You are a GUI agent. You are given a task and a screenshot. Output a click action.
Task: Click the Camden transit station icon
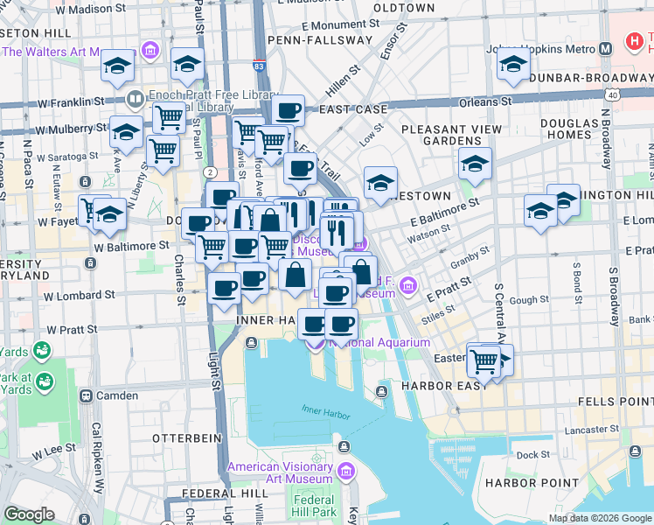tap(86, 395)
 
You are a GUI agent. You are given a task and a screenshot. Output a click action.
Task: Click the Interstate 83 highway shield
tap(259, 66)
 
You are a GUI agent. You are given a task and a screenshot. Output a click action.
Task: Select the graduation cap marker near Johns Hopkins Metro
tap(512, 64)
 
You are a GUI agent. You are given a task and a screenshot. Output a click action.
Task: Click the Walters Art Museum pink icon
tap(150, 52)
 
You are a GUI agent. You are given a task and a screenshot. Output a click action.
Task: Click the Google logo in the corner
tap(30, 514)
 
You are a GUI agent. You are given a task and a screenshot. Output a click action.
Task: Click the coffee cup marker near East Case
tap(288, 111)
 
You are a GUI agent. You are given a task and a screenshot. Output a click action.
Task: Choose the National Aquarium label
tap(380, 342)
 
